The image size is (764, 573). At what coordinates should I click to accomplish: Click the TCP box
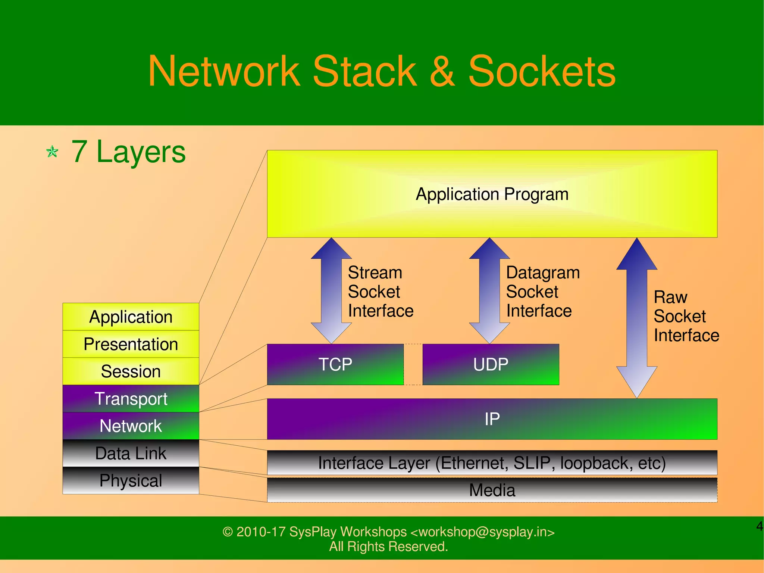click(335, 364)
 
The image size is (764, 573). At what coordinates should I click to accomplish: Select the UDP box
click(491, 364)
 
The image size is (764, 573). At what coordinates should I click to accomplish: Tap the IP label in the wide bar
click(492, 419)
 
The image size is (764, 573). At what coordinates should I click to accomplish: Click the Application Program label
click(492, 194)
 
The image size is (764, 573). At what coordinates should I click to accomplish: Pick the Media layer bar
click(492, 490)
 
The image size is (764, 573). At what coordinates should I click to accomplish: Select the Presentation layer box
click(131, 344)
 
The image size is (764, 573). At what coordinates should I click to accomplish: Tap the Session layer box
click(131, 371)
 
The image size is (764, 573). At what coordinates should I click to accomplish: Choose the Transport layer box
click(131, 398)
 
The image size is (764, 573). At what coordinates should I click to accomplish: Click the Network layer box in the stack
click(131, 426)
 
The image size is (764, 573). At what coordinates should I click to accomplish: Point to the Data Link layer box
click(131, 453)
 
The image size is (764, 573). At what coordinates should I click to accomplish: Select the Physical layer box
click(131, 480)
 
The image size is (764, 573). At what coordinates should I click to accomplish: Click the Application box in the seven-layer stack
click(131, 317)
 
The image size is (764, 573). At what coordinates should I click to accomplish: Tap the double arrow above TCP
click(331, 290)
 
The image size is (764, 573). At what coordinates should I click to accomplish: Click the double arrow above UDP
click(489, 290)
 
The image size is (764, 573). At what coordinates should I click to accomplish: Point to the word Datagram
click(543, 273)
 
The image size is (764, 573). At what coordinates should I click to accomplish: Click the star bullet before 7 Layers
click(52, 152)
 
